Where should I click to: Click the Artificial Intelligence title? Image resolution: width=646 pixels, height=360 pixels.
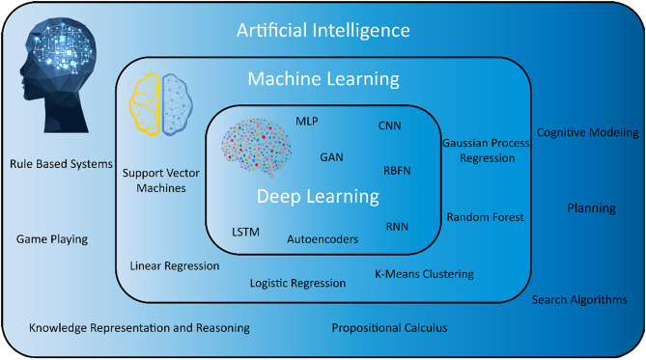coord(323,31)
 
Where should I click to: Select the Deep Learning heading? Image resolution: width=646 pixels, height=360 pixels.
coord(317,196)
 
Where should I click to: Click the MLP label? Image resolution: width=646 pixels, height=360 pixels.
coord(307,123)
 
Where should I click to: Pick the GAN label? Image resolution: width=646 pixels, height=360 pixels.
coord(331,156)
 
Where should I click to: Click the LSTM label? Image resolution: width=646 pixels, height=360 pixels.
coord(246,233)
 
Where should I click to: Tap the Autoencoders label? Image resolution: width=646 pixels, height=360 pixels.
coord(323,237)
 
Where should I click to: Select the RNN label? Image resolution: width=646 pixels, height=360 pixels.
coord(398,227)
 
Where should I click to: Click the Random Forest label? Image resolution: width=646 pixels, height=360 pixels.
coord(485,217)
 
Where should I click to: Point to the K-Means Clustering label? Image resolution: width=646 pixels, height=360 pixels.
coord(424,273)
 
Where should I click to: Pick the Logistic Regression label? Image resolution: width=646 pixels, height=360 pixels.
coord(297,284)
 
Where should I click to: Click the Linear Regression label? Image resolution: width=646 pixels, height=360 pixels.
coord(175,265)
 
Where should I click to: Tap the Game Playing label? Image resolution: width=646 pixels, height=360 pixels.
coord(52,238)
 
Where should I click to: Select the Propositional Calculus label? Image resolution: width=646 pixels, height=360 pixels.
coord(389,328)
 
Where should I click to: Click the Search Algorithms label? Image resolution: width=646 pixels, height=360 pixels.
coord(579,299)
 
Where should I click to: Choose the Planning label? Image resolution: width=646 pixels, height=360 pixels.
coord(591,208)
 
